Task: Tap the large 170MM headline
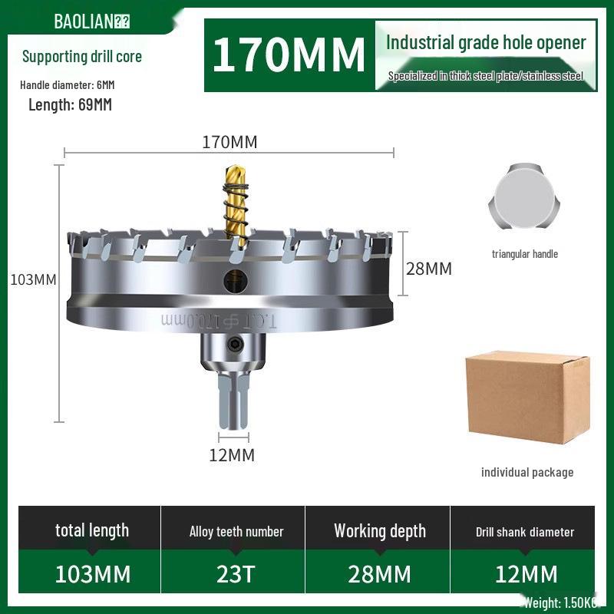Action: [289, 55]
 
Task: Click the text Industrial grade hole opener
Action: [486, 42]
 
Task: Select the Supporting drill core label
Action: [82, 56]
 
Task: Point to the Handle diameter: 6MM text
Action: [68, 84]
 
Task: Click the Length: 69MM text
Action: [70, 105]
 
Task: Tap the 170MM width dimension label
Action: [229, 142]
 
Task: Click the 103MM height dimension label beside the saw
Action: [33, 279]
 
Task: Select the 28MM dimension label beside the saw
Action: [429, 269]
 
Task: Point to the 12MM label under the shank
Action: [232, 455]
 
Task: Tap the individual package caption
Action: [527, 472]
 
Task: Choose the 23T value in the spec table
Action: [236, 573]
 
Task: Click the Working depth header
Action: [380, 531]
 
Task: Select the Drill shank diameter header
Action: [525, 531]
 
